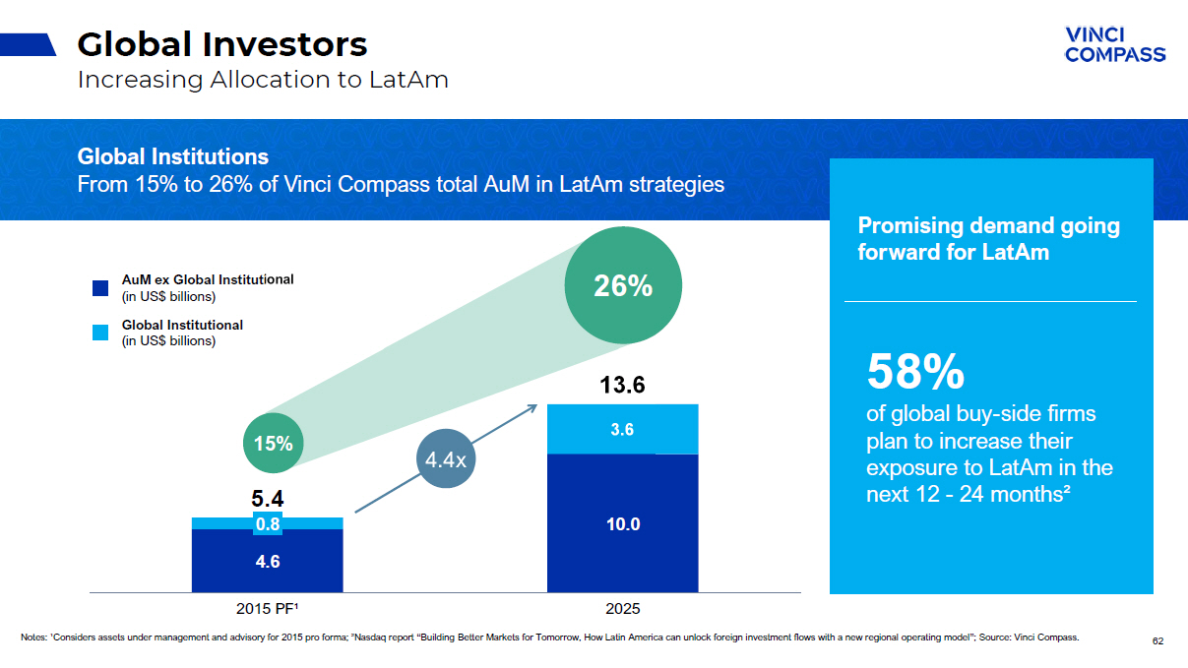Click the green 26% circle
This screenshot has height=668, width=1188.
(623, 286)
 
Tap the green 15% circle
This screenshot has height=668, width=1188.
(273, 444)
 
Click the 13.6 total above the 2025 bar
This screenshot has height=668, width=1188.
(622, 386)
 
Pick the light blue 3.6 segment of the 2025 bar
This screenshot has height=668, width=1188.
(622, 429)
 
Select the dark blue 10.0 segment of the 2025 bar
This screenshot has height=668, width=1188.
(622, 524)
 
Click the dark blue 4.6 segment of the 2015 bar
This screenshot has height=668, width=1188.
(268, 562)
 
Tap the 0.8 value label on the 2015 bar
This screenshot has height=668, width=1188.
(268, 524)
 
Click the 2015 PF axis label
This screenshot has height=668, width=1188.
(267, 609)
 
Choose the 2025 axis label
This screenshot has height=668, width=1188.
(622, 609)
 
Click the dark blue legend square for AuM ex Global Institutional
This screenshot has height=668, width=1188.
(99, 288)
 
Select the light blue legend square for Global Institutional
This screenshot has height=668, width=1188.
(99, 334)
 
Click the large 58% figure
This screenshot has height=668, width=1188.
(914, 373)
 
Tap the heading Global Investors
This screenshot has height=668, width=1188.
(222, 44)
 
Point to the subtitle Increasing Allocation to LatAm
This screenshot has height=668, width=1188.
(263, 80)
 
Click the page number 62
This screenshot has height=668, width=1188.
(1157, 641)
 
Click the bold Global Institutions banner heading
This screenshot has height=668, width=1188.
(172, 156)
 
